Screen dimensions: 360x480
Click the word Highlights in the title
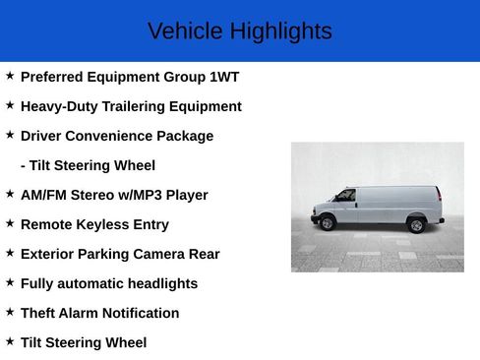[281, 31]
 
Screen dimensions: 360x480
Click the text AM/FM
[42, 195]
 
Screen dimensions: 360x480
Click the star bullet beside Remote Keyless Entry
[10, 223]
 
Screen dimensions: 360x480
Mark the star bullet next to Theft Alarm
[10, 312]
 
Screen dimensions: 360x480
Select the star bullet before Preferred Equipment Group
[10, 76]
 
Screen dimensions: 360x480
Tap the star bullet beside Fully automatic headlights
[10, 282]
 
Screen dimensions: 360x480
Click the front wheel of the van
[328, 223]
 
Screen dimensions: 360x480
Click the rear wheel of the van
[416, 225]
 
